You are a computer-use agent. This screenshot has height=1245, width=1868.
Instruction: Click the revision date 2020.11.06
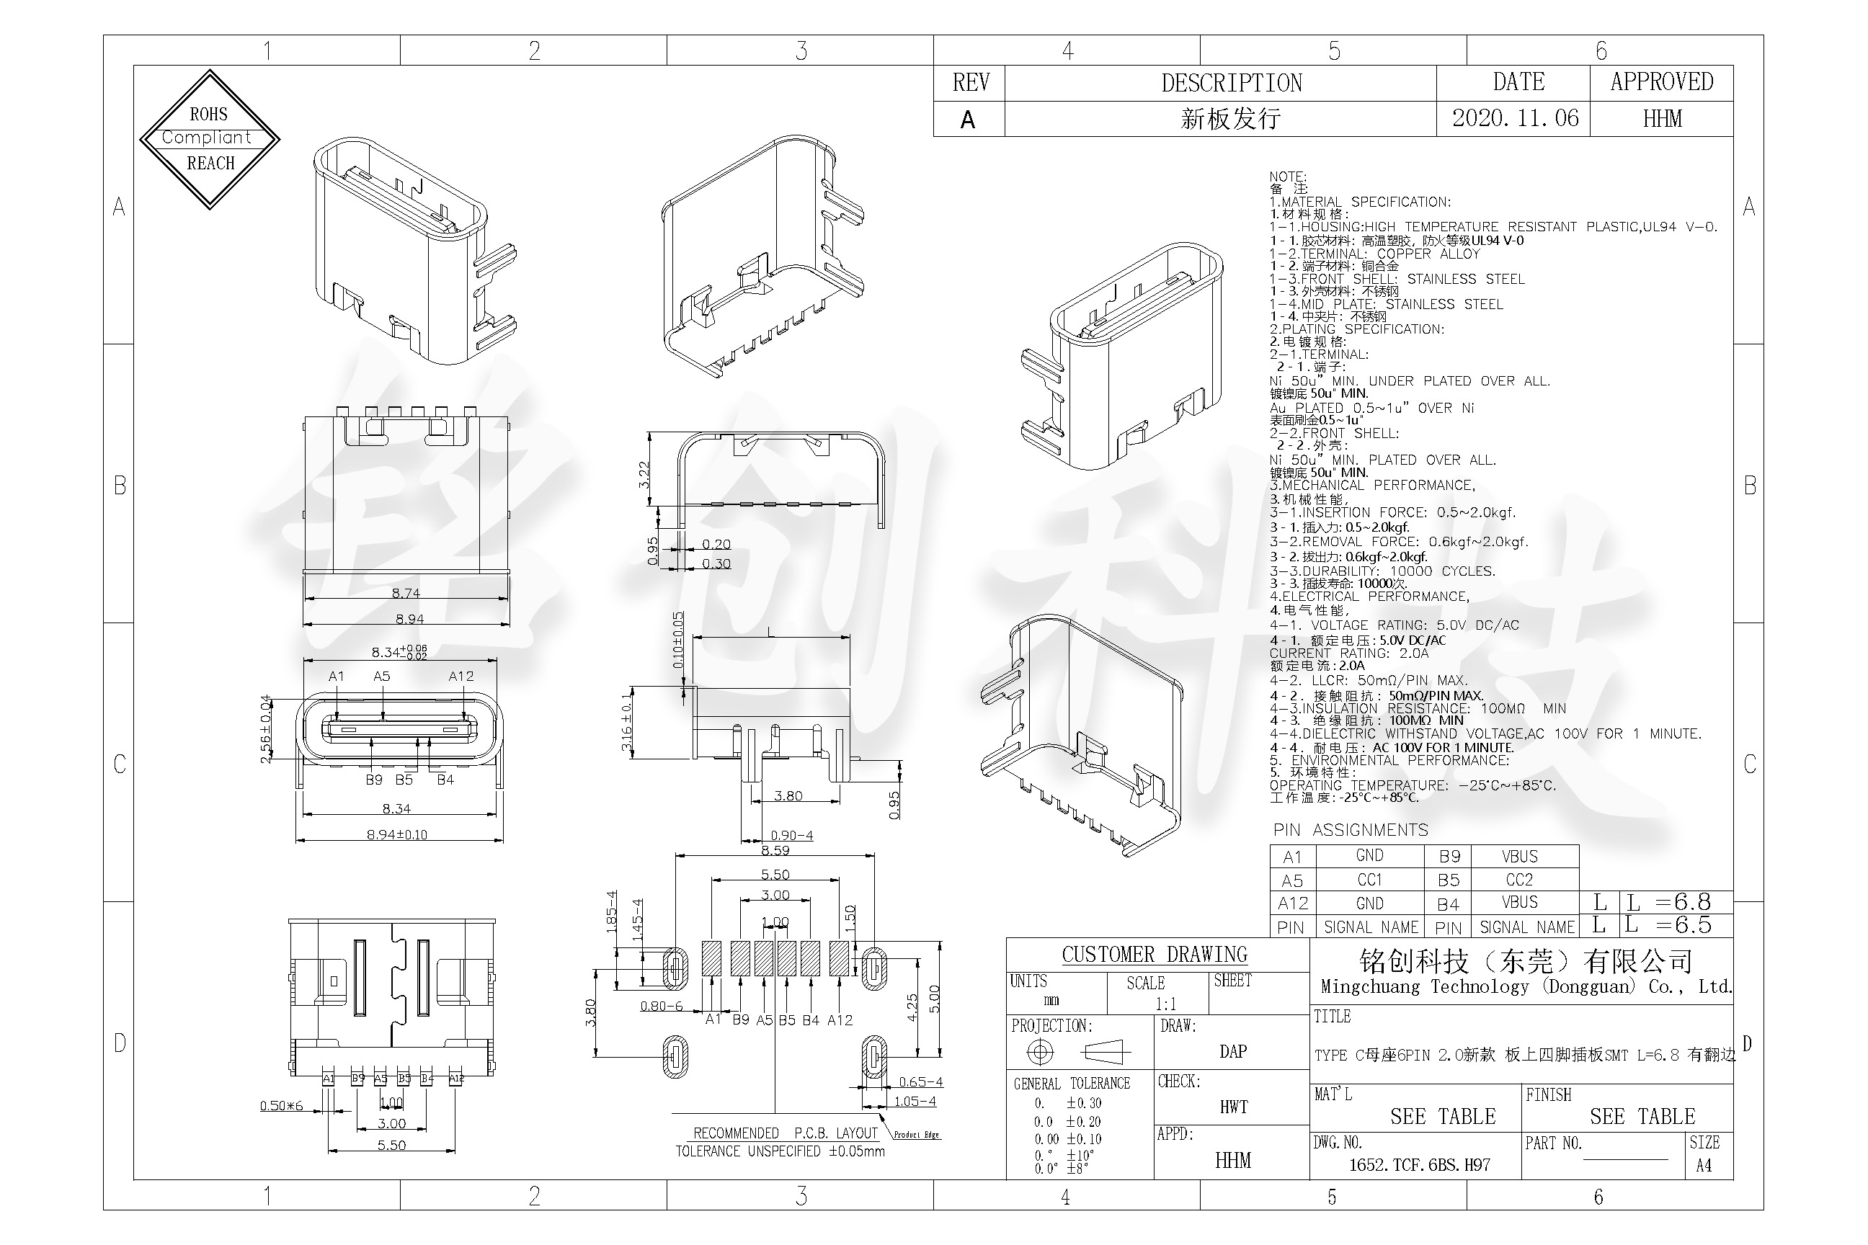coord(1515,118)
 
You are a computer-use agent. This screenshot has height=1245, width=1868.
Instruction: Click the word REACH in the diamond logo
coord(210,164)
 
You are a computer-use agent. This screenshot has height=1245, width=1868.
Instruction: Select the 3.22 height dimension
coord(644,474)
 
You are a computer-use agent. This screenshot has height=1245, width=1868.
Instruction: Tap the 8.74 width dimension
coord(406,593)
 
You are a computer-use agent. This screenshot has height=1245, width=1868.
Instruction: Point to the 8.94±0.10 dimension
coord(396,834)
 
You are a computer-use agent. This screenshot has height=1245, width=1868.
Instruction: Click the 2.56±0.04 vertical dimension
coord(266,729)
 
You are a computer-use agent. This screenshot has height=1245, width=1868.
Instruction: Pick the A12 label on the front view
coord(461,677)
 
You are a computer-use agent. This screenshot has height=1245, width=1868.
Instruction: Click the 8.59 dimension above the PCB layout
coord(775,850)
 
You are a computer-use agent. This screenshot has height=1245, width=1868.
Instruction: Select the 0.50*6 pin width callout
coord(281,1106)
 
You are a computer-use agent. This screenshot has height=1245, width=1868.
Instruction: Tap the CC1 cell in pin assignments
coord(1369,880)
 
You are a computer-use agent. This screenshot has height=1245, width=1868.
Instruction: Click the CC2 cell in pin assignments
coord(1518,880)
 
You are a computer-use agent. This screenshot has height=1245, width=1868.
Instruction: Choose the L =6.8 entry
coord(1668,902)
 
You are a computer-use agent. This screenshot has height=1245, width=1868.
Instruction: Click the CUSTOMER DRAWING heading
coord(1154,955)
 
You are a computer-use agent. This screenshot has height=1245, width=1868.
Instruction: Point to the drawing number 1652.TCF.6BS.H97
coord(1419,1165)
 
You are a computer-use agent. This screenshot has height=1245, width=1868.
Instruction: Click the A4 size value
coord(1704,1166)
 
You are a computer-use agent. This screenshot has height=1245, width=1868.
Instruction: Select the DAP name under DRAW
coord(1232,1051)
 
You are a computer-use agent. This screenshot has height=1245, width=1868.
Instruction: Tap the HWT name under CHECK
coord(1233,1107)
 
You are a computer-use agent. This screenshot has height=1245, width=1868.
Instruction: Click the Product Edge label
coord(917,1135)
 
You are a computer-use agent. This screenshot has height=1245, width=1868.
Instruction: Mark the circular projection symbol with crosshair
coord(1040,1052)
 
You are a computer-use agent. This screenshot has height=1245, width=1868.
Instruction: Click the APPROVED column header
coord(1661,82)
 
